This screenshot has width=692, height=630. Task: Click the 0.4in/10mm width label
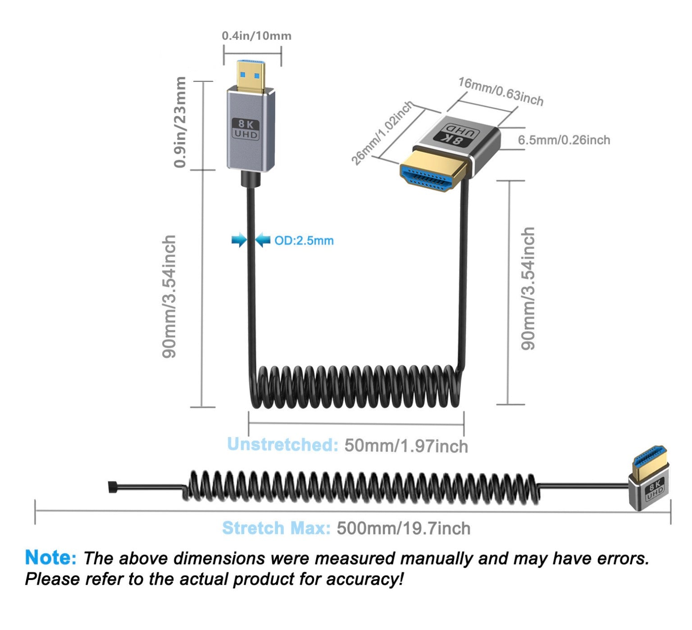[256, 36]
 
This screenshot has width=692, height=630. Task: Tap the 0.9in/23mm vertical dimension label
[180, 122]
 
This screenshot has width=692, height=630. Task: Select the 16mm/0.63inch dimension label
[501, 91]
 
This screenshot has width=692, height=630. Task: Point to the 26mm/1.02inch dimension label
[382, 133]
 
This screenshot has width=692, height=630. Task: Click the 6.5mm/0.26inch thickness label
[564, 140]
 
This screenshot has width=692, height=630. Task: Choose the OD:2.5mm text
[304, 241]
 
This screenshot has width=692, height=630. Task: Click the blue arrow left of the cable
[238, 240]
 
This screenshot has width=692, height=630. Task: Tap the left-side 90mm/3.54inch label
[169, 297]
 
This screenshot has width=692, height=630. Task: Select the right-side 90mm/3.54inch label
[528, 288]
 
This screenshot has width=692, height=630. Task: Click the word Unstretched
[282, 445]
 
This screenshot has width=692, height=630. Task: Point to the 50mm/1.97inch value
[406, 446]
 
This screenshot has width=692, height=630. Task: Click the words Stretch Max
[276, 528]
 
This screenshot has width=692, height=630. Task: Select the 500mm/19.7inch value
[403, 528]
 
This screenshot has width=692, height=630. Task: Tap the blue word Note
[50, 557]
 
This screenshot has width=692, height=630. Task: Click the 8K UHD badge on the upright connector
[246, 129]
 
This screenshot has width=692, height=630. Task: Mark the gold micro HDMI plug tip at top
[251, 77]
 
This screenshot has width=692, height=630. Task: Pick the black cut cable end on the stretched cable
[112, 487]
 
